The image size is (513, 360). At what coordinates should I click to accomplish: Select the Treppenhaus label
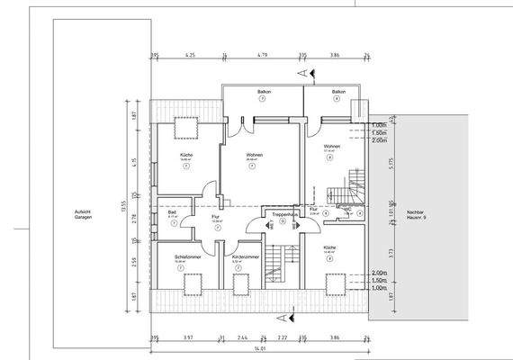click(282, 215)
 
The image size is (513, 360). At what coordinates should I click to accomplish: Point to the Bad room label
click(172, 212)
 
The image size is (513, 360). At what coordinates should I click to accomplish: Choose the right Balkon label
click(338, 93)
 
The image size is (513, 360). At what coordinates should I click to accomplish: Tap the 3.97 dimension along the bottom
click(188, 339)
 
